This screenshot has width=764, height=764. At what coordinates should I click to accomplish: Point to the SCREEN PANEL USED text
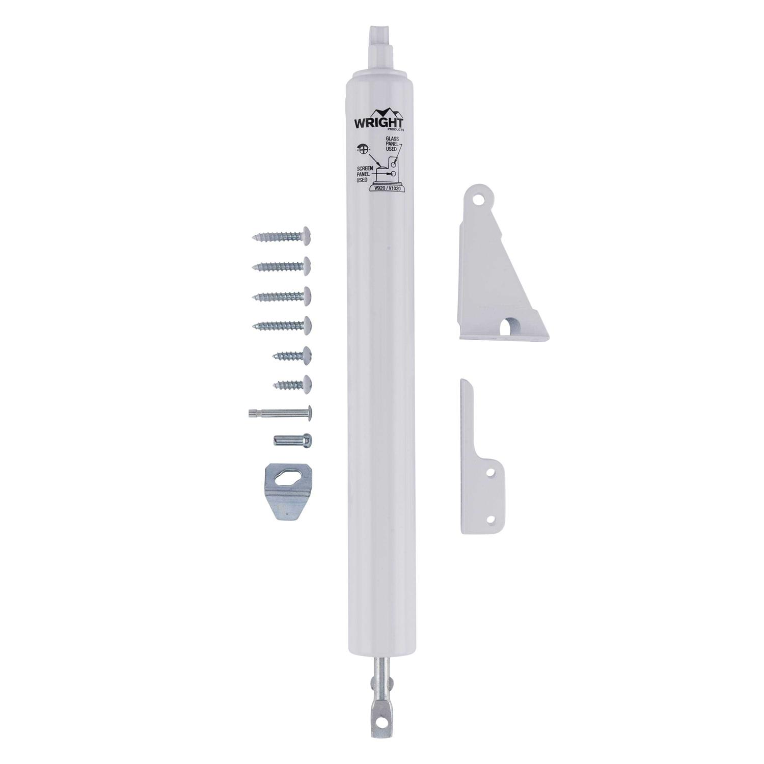point(365,173)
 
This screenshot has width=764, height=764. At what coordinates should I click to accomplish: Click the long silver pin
point(280,413)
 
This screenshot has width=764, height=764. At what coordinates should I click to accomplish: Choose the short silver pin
point(293,440)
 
